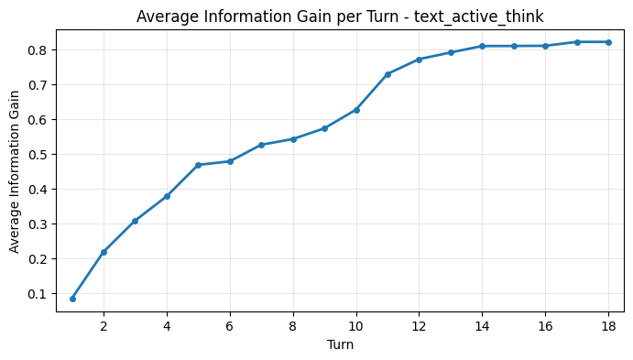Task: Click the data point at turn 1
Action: (x=72, y=299)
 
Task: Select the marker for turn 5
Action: (x=198, y=165)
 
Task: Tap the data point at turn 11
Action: (x=387, y=74)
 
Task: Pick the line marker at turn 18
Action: (x=608, y=42)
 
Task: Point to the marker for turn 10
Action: (x=356, y=110)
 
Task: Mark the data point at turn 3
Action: (x=135, y=221)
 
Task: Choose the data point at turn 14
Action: (x=482, y=46)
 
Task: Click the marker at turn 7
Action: (x=261, y=145)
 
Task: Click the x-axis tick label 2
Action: (x=104, y=325)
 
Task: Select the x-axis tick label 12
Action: (x=419, y=325)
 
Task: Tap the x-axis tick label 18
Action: (x=608, y=325)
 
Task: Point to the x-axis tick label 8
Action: (x=293, y=325)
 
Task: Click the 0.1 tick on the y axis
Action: (x=37, y=294)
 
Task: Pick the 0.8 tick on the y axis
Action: (x=37, y=49)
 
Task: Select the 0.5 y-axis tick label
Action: (x=37, y=155)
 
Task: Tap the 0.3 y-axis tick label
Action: (x=37, y=224)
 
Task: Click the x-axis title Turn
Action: (x=340, y=345)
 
